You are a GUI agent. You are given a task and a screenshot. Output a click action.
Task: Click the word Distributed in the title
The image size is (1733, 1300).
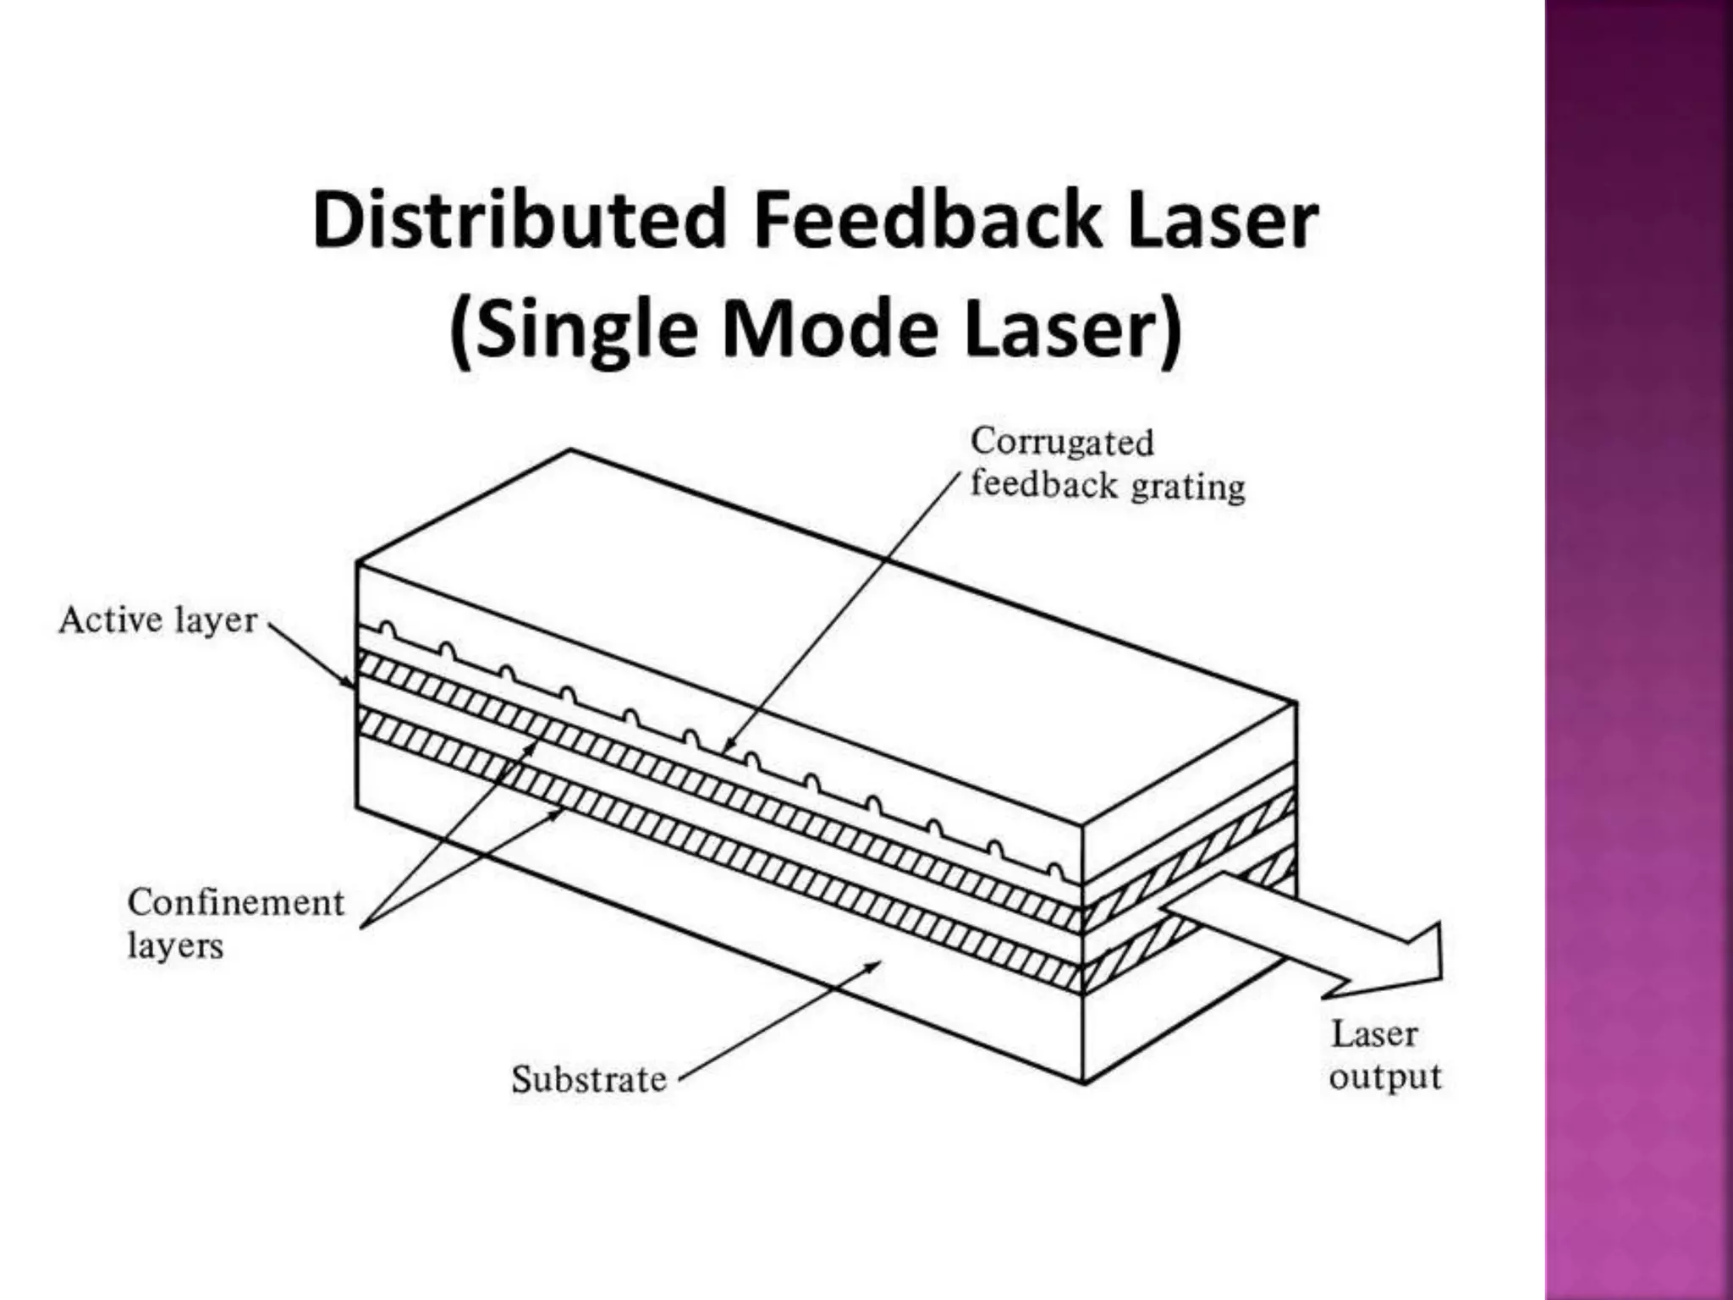518,220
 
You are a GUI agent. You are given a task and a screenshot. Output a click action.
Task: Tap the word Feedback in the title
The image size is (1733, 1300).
927,220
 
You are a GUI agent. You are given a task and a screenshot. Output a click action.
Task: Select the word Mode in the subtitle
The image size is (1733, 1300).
829,329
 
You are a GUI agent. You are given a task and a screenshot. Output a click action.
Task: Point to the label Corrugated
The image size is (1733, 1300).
1062,442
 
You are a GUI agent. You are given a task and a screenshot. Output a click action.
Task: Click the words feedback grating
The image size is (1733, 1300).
1107,486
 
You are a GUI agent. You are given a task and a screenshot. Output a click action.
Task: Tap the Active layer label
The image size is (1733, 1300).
157,620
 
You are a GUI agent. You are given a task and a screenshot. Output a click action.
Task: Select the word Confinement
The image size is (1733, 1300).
236,902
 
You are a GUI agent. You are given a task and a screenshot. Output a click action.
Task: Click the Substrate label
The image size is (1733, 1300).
589,1079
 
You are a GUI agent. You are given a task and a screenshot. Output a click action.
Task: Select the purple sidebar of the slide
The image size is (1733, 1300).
1638,650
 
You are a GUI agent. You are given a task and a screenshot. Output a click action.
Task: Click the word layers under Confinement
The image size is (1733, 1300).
175,945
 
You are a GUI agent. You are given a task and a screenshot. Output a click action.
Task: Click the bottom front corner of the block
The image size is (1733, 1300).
1084,1082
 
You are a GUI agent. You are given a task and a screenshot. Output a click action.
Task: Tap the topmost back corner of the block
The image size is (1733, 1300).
571,449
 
